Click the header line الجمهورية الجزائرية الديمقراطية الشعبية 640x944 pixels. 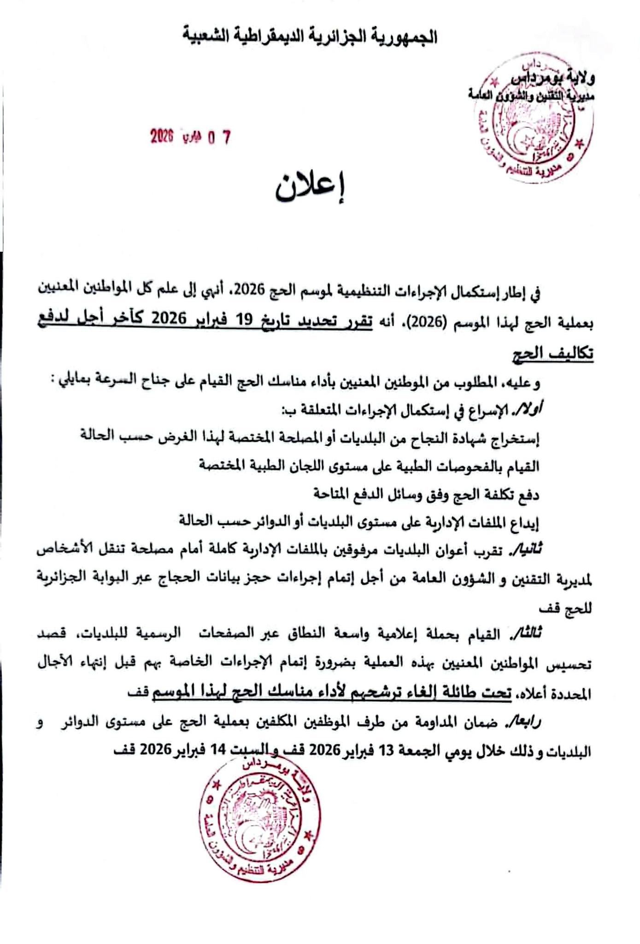[x=309, y=36]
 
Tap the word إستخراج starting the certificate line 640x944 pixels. [x=513, y=437]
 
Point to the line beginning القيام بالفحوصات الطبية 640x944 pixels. [x=369, y=466]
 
